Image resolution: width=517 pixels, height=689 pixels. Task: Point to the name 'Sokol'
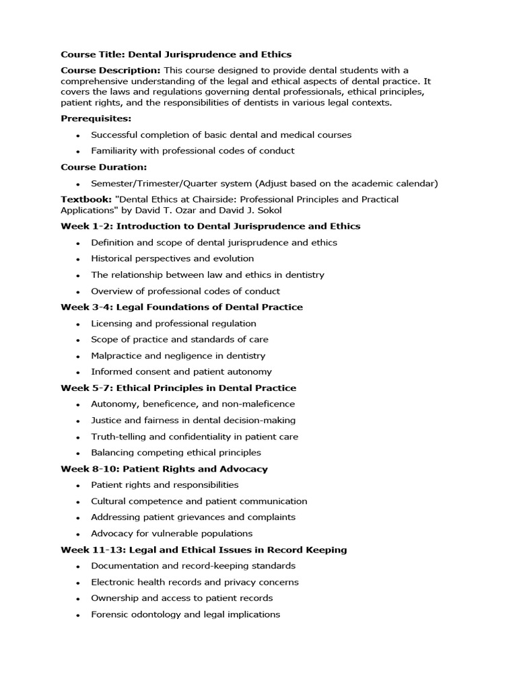[266, 210]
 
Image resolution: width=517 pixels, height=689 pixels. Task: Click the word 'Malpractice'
[116, 355]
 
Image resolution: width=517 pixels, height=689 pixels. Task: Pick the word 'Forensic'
[110, 614]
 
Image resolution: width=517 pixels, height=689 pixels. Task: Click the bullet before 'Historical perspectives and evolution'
[78, 259]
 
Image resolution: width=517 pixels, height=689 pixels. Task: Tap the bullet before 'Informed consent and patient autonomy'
[78, 372]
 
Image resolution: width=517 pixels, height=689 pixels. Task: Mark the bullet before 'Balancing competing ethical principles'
[78, 453]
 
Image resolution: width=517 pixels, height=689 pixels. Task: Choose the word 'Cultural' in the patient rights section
[108, 501]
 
